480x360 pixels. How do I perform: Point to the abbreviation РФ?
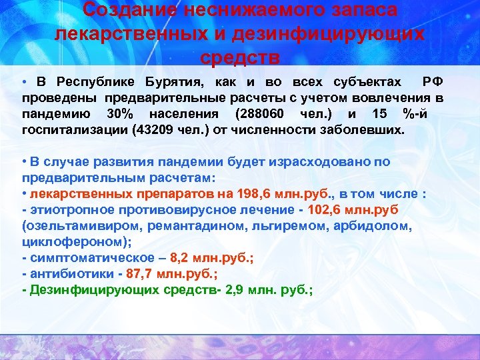point(432,82)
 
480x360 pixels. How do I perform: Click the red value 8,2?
point(181,257)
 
